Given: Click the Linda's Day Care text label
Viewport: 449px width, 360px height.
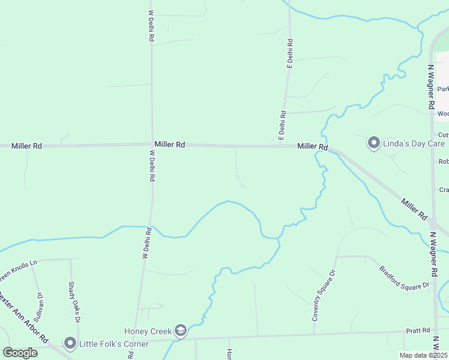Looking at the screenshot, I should tap(413, 143).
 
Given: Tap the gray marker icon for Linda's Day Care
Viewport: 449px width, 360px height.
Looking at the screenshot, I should tap(374, 143).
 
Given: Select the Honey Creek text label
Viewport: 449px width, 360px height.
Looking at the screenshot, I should tap(148, 331).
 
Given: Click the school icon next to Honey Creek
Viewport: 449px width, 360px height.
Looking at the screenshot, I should tap(180, 331).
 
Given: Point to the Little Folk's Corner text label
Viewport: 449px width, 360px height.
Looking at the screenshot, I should tap(114, 344).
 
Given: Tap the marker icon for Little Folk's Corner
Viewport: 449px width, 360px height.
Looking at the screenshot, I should tap(70, 343).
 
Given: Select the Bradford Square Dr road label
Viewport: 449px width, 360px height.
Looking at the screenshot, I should tap(405, 277).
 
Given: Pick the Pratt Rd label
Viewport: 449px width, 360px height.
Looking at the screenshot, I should tap(418, 331).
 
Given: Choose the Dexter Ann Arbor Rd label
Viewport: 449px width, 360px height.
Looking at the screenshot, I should tap(24, 317).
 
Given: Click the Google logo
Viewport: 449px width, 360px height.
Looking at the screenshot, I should tap(20, 352).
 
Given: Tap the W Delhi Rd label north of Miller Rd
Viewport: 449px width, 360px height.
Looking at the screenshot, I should tap(152, 25).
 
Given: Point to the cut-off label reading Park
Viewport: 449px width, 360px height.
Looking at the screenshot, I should tap(443, 89).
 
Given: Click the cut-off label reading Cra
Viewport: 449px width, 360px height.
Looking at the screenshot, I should tap(444, 190).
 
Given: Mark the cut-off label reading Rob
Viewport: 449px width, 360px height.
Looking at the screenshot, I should tap(444, 161).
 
